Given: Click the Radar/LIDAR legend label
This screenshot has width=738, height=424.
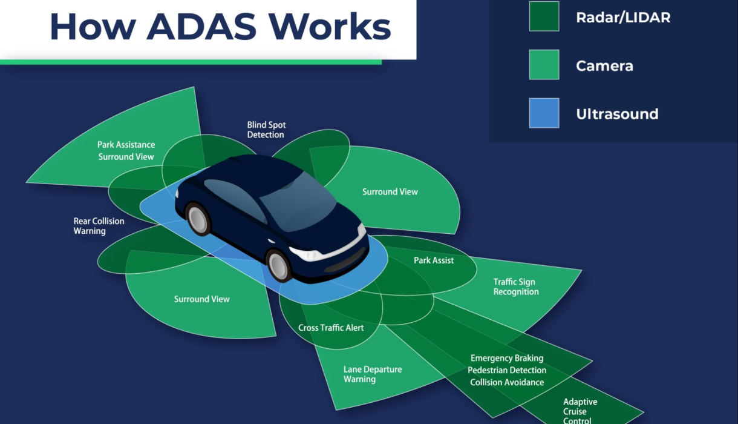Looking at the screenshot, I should (x=623, y=17).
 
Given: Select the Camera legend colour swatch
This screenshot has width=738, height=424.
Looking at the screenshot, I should (x=544, y=65).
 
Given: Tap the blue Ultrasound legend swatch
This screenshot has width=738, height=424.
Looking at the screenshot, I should (x=544, y=113).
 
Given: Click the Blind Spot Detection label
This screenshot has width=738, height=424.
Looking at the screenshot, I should (x=266, y=130).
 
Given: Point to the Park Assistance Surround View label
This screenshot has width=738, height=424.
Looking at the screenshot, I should (x=126, y=151).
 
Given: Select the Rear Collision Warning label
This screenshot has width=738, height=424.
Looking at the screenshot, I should (x=99, y=226).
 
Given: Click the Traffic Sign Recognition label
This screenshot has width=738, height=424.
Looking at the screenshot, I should (x=515, y=287).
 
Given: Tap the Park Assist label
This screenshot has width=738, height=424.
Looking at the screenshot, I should (x=434, y=260).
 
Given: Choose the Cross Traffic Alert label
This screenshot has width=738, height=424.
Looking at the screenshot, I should (x=331, y=328).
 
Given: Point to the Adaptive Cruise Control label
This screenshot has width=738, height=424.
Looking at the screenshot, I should (x=580, y=411).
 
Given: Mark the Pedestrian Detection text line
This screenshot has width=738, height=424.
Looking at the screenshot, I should (x=506, y=370).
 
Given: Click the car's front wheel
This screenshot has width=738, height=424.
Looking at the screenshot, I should (x=279, y=265).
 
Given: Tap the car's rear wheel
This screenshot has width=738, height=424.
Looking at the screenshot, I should (x=198, y=219).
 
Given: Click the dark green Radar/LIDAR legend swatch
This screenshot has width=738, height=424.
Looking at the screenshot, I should (x=544, y=16).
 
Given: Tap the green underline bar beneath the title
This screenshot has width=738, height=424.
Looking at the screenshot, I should (x=191, y=62).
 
